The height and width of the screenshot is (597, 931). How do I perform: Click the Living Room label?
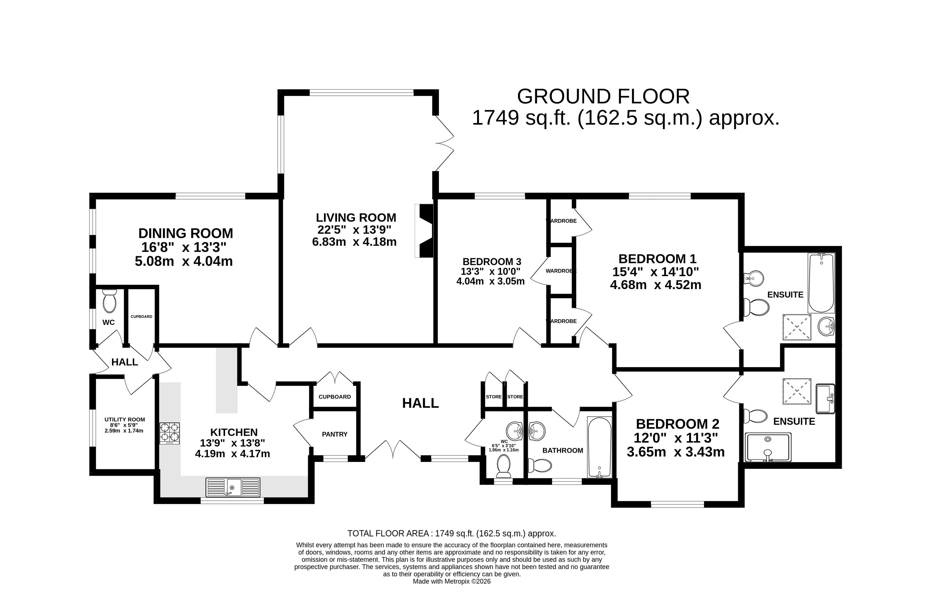(x=356, y=217)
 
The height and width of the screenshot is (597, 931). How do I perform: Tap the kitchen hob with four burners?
(x=169, y=433)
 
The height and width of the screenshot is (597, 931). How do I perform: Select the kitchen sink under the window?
(x=233, y=487)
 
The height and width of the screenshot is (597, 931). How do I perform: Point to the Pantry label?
(x=334, y=434)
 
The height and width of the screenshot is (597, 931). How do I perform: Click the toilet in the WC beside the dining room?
(x=109, y=301)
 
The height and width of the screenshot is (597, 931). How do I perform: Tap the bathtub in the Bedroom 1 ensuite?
(x=821, y=283)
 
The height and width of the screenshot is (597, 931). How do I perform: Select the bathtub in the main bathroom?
(x=599, y=447)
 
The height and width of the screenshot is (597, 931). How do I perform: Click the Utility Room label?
(x=125, y=419)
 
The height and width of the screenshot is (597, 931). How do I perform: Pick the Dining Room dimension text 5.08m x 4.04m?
(x=184, y=261)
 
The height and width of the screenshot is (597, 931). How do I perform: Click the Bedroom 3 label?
(x=492, y=262)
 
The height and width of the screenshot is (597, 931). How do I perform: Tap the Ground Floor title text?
(x=603, y=97)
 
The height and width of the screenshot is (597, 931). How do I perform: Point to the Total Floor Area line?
(x=452, y=533)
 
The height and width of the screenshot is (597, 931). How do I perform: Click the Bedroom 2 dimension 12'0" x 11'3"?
(x=676, y=438)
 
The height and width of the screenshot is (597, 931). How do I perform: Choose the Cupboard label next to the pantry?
(x=334, y=397)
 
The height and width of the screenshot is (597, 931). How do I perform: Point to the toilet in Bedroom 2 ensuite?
(x=756, y=416)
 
